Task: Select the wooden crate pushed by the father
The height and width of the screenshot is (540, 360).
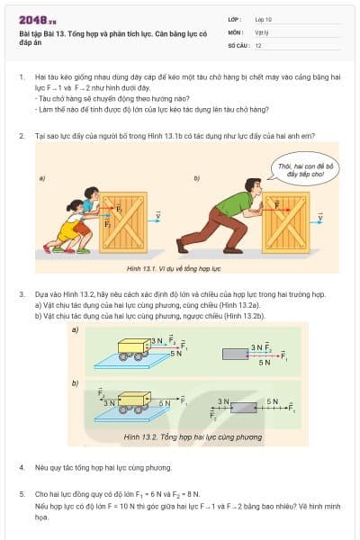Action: tap(287, 221)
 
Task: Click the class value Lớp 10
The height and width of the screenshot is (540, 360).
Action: tap(263, 19)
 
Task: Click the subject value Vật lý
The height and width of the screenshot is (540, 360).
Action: tap(262, 31)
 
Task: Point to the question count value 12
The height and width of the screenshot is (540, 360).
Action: tap(258, 44)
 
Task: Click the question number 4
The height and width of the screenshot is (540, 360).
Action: tap(21, 468)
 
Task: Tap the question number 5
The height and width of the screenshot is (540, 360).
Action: tap(21, 493)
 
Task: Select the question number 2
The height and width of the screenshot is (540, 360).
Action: tap(21, 135)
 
